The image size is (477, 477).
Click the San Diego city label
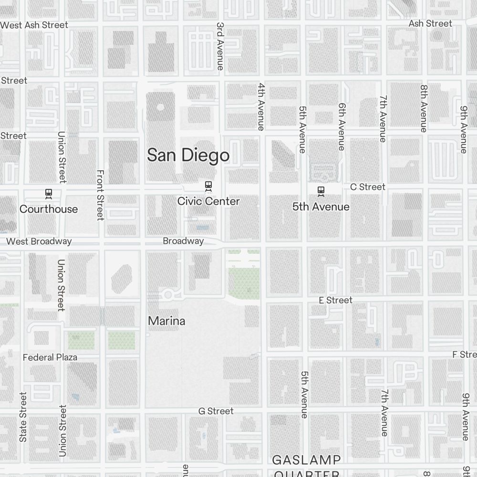pyautogui.click(x=188, y=156)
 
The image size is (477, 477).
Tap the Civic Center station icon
pyautogui.click(x=208, y=185)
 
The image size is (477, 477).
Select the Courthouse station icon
pyautogui.click(x=48, y=193)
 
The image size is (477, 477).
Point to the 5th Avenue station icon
pyautogui.click(x=321, y=191)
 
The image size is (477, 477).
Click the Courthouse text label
pyautogui.click(x=49, y=209)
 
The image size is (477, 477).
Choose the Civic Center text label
pyautogui.click(x=208, y=201)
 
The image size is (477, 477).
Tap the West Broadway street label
pyautogui.click(x=39, y=241)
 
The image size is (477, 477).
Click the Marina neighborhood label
pyautogui.click(x=166, y=321)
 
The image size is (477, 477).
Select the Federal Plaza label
pyautogui.click(x=50, y=357)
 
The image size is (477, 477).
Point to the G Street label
pyautogui.click(x=216, y=411)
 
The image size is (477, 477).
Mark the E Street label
pyautogui.click(x=336, y=300)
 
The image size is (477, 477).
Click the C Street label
pyautogui.click(x=368, y=187)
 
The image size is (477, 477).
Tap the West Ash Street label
pyautogui.click(x=34, y=25)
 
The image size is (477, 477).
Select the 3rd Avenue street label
pyautogui.click(x=220, y=46)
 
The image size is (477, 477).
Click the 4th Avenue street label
pyautogui.click(x=261, y=106)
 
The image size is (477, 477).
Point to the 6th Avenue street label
pyautogui.click(x=342, y=126)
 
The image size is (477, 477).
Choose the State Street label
pyautogui.click(x=23, y=417)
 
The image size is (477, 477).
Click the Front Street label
pyautogui.click(x=100, y=195)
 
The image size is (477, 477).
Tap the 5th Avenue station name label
pyautogui.click(x=321, y=207)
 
